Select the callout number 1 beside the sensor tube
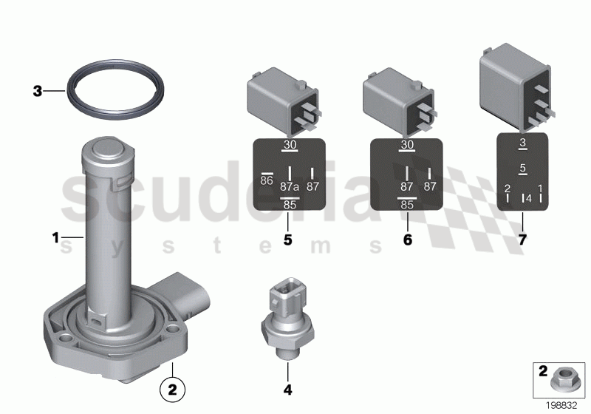[55, 237]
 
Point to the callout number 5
[288, 240]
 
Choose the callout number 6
[406, 240]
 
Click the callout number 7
[522, 240]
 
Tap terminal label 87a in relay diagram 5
[290, 187]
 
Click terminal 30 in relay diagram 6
[406, 146]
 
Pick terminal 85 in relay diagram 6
[406, 205]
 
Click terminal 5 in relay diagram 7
[522, 169]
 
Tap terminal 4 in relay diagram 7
[528, 197]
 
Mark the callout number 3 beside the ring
[37, 92]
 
